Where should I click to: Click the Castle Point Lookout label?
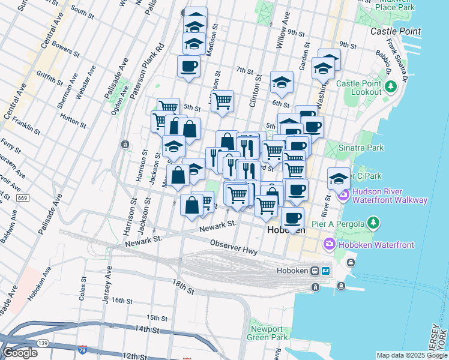[359, 88]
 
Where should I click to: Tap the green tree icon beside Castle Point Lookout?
[391, 88]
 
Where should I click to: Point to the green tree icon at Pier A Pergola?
[374, 224]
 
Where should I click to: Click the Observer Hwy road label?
[234, 247]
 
